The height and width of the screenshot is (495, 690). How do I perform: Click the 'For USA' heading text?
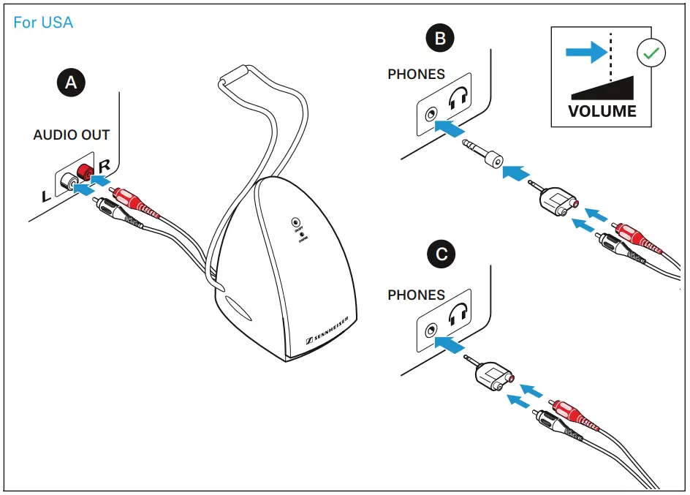coord(43,23)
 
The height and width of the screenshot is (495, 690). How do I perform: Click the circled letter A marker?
coord(71,83)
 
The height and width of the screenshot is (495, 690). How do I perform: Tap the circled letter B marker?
coord(439,39)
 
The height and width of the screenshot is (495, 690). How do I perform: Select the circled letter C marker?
coord(439,254)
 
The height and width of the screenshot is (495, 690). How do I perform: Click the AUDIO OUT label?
coord(72,135)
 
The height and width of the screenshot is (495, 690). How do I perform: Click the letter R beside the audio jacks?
coord(104,165)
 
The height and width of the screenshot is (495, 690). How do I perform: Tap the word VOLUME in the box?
coord(602,112)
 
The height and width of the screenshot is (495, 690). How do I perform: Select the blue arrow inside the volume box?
coord(585,52)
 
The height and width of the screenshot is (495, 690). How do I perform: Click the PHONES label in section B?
coord(416,75)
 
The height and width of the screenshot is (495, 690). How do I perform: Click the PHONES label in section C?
coord(416,295)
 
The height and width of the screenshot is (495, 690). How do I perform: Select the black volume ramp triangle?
coord(607,87)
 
